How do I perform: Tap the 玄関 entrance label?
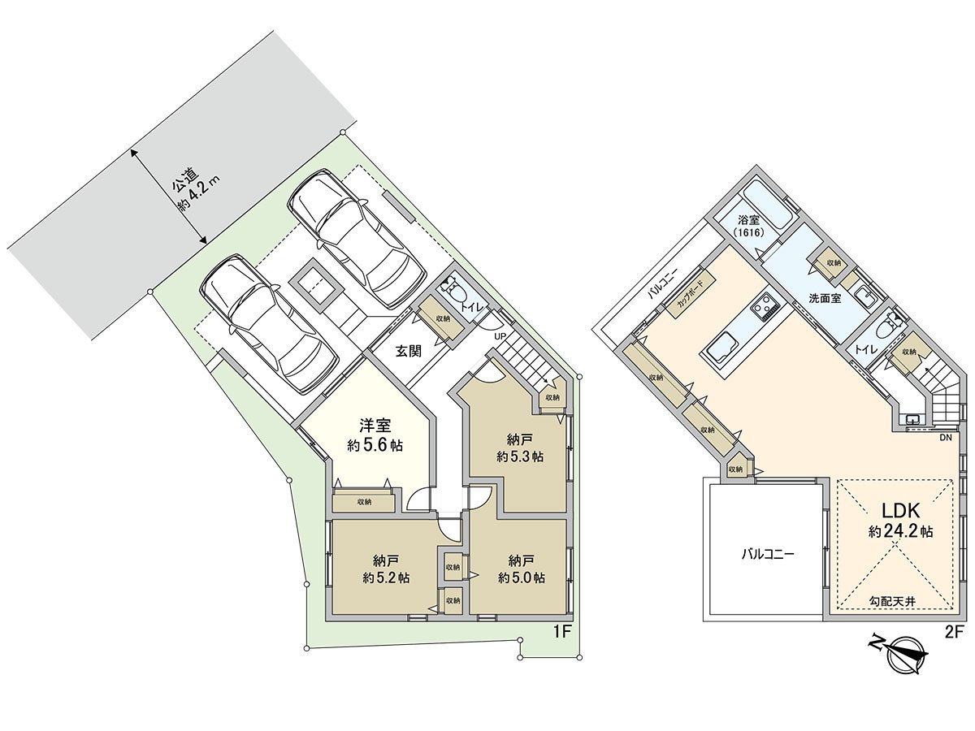pyautogui.click(x=408, y=351)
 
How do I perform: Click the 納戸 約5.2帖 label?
pyautogui.click(x=385, y=569)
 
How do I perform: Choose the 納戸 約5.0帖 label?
pyautogui.click(x=521, y=569)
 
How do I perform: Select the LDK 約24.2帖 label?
pyautogui.click(x=899, y=521)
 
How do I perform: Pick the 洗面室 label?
pyautogui.click(x=824, y=298)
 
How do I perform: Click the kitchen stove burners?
pyautogui.click(x=765, y=306)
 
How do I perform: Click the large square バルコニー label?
pyautogui.click(x=767, y=556)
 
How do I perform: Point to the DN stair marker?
pyautogui.click(x=945, y=438)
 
